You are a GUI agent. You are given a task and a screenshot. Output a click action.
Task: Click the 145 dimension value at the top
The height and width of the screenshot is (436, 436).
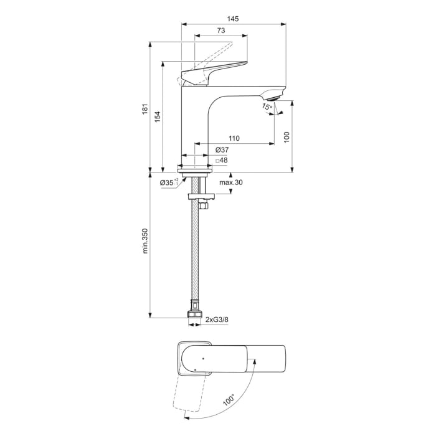(x=232, y=19)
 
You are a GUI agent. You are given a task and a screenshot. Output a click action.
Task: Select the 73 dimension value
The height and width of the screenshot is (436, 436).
(x=220, y=31)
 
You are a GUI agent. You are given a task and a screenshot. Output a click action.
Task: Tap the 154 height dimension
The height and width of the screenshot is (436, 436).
(x=158, y=116)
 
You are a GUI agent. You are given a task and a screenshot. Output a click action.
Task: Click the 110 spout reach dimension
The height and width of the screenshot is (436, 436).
(x=234, y=138)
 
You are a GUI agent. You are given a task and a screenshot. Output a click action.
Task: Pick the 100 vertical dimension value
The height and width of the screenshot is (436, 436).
(x=287, y=138)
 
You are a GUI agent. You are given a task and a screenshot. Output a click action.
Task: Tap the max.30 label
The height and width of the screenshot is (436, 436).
(x=230, y=182)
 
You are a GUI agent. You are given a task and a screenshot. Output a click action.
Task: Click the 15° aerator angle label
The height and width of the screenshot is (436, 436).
(x=267, y=108)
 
